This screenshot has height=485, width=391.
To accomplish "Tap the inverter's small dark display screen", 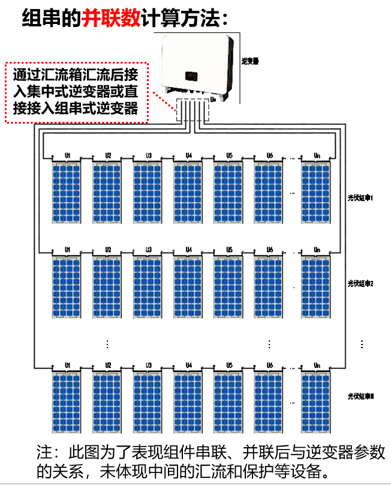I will pos(190,76).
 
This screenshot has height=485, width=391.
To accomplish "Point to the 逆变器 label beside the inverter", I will pos(249,61).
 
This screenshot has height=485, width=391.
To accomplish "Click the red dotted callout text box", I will pos(77,92).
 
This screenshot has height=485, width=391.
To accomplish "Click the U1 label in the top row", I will pos(68,155).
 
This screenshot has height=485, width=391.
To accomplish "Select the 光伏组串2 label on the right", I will pos(360,282).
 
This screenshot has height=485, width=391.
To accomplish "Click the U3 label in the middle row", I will pos(148,249).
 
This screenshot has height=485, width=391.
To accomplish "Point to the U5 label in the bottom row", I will pos(229,365).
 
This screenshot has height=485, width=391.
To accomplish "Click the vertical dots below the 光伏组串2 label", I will pos(362,344).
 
